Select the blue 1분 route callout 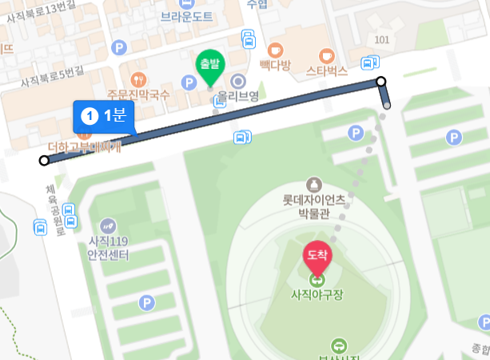click(105, 116)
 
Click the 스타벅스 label click(326, 70)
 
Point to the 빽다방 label click(275, 65)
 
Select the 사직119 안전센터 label click(109, 248)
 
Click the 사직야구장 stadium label click(317, 294)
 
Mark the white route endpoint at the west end click(44, 161)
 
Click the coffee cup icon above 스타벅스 click(326, 55)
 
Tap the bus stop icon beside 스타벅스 click(368, 62)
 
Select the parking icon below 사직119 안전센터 click(146, 302)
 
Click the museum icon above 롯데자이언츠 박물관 click(313, 186)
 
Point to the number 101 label click(380, 40)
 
